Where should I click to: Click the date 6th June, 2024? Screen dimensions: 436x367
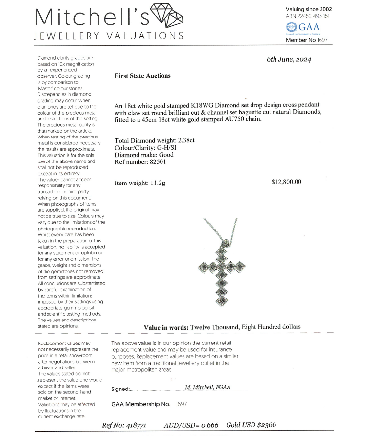pyautogui.click(x=289, y=59)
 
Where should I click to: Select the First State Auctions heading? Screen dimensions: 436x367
pyautogui.click(x=142, y=76)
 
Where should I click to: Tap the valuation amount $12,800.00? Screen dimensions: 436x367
pyautogui.click(x=286, y=182)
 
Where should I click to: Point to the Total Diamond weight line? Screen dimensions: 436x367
pyautogui.click(x=154, y=140)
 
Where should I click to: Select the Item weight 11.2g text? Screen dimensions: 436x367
pyautogui.click(x=140, y=183)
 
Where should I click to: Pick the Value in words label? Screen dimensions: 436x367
pyautogui.click(x=166, y=327)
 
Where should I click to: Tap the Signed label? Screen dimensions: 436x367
pyautogui.click(x=120, y=389)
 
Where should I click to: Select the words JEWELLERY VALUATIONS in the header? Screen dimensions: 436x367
pyautogui.click(x=109, y=36)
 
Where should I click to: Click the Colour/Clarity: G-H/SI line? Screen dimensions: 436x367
pyautogui.click(x=146, y=147)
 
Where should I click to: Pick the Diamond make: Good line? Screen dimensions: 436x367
pyautogui.click(x=144, y=155)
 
